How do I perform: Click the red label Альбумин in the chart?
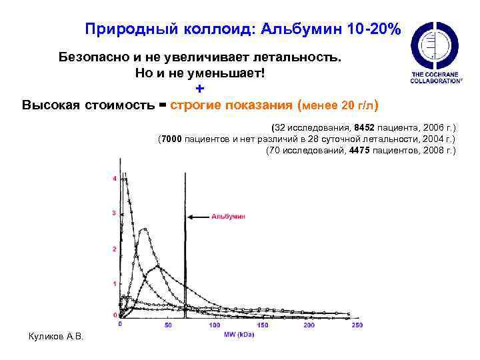point(229,216)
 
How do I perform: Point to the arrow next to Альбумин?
point(199,217)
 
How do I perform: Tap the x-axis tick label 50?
point(168,325)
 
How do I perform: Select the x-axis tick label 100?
point(215,325)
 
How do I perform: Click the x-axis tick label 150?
point(262,325)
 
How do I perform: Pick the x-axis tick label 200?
point(309,325)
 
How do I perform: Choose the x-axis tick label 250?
point(356,325)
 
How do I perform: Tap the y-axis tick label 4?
point(115,179)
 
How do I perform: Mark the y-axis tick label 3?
point(115,213)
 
